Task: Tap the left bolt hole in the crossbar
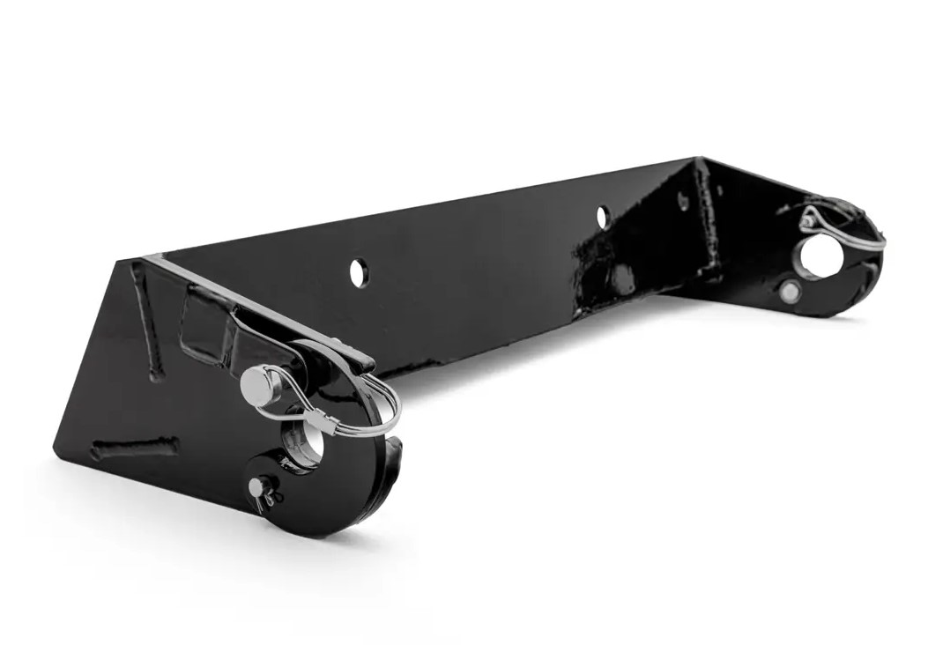359,272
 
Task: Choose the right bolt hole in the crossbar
602,216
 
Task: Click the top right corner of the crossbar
698,159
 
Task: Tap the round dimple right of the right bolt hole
682,201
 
